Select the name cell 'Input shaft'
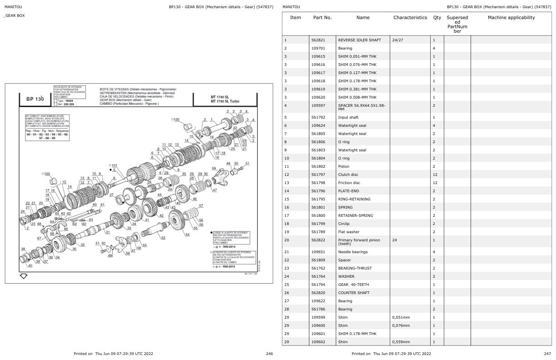pos(348,117)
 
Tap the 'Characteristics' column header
pos(410,18)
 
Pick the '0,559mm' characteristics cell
pos(401,342)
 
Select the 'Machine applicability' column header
pos(511,18)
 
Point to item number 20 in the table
pos(286,240)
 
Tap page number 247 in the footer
pos(547,354)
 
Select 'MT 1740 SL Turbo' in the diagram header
pos(225,101)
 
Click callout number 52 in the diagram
pos(164,238)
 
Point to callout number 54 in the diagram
pos(188,235)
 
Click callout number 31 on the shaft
pos(107,232)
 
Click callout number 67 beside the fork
pos(39,238)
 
